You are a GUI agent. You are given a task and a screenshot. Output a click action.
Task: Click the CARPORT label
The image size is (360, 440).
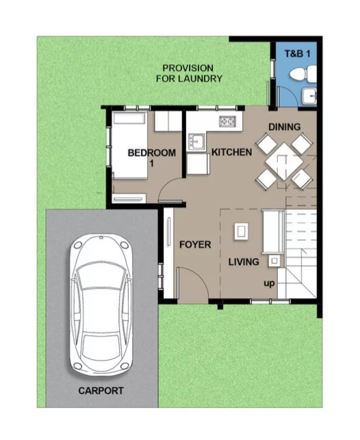101,391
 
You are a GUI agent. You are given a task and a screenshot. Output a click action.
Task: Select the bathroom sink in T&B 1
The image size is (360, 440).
311,96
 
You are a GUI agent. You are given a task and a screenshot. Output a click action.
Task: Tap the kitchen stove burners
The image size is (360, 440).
228,122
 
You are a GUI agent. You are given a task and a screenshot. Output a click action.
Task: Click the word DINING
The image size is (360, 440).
284,127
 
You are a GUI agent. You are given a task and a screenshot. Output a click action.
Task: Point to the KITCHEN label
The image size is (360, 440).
231,152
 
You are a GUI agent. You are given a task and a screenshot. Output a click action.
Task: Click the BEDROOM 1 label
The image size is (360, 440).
151,157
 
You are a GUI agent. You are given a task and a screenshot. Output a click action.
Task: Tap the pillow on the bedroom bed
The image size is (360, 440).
129,119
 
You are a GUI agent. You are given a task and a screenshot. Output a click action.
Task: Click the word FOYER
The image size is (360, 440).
195,244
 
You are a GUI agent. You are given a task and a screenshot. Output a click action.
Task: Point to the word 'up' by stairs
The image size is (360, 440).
269,284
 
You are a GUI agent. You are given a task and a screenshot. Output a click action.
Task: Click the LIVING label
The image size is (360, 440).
243,262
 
